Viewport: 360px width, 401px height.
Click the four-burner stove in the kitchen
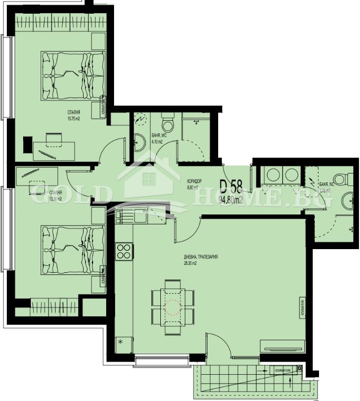pos(124,251)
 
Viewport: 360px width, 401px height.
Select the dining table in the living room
pos(172,306)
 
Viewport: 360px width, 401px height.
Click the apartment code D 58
pos(231,187)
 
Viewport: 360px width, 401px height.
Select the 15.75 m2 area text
pos(73,118)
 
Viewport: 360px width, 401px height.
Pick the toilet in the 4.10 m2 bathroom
pos(168,126)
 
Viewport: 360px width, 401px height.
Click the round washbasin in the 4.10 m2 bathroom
pos(139,142)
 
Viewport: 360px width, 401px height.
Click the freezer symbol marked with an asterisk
pos(120,342)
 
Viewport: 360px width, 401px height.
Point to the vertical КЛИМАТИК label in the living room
pos(303,306)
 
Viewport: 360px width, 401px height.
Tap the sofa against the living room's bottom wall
pos(283,345)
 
